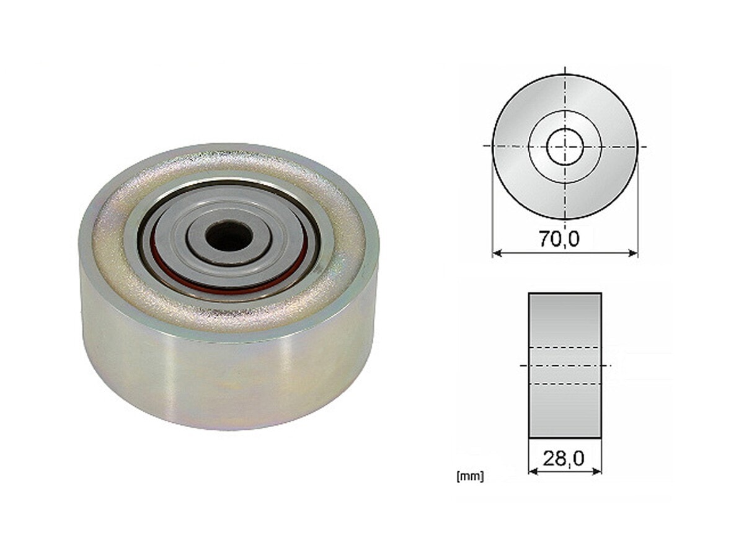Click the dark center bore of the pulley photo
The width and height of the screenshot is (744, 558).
coord(229,236)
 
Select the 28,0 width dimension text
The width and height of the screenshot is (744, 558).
coord(564,459)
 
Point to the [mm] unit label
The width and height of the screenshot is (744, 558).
coord(470,476)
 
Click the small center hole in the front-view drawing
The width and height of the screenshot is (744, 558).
coord(565,147)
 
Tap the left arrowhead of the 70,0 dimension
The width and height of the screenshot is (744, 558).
coord(497,253)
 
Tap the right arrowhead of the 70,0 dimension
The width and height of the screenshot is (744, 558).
coord(633,253)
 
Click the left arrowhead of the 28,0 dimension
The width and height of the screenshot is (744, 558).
coord(533,471)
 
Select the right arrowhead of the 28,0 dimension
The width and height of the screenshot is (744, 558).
coord(597,471)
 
